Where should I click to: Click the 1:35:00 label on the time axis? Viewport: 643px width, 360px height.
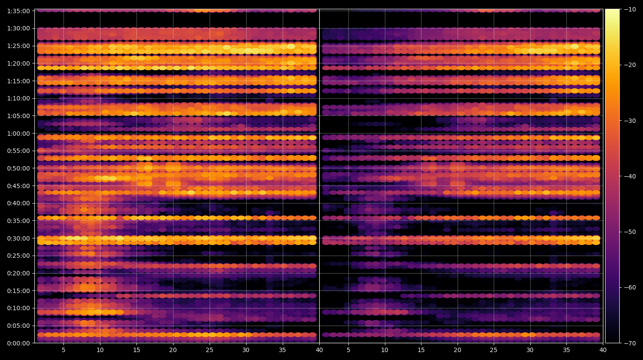(18, 11)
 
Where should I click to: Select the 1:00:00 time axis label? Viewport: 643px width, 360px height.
(18, 134)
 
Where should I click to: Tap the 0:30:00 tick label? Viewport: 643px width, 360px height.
(18, 238)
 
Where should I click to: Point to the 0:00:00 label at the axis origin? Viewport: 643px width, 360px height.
(18, 343)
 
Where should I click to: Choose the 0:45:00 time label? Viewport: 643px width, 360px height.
(18, 186)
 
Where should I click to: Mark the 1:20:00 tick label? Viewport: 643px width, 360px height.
(18, 63)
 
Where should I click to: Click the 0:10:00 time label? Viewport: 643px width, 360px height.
(18, 308)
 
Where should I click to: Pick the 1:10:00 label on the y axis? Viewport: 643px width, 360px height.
(18, 98)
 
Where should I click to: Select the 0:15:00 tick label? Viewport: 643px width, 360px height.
(18, 291)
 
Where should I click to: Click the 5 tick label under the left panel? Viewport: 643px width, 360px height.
(63, 350)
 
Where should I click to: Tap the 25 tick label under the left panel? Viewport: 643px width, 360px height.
(210, 350)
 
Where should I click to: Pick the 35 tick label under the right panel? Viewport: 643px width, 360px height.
(566, 350)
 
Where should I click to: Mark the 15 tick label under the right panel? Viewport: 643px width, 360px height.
(421, 350)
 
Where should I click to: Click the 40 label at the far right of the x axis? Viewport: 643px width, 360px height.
(603, 350)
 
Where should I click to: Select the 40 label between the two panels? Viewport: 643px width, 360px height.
(319, 350)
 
